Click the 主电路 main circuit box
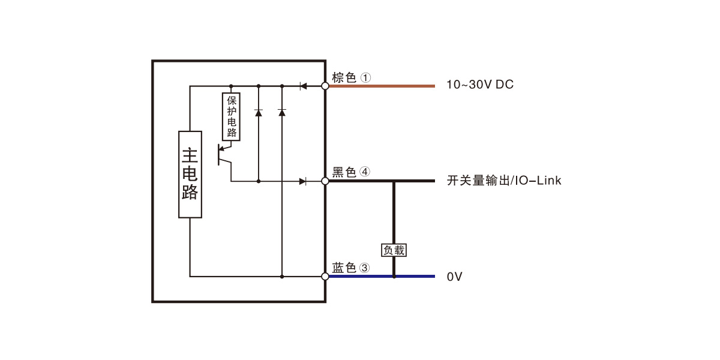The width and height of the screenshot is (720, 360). coord(190,175)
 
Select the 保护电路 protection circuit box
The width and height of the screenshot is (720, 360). coord(231,116)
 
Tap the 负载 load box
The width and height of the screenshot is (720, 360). coord(394,250)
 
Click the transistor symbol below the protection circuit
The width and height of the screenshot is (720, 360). coord(224,155)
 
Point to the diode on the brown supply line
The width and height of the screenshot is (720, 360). coord(303,86)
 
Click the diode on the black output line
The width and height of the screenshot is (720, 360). coord(302,181)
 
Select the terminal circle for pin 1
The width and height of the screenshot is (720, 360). coord(325,86)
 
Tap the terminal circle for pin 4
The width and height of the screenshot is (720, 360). coord(325,181)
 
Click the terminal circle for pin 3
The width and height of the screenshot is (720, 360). coord(325,277)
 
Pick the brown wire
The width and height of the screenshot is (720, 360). coord(382,86)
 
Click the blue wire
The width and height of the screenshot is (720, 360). coord(382,277)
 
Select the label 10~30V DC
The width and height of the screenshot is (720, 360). coord(480,85)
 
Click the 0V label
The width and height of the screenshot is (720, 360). coord(454,277)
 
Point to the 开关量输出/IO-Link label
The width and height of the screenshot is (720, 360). coord(504,181)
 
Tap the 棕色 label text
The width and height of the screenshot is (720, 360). coord(344,77)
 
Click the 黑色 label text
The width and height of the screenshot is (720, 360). coord(344,172)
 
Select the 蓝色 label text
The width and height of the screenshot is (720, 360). coord(344,268)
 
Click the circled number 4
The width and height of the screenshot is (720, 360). coord(365,172)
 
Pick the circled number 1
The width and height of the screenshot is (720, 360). coord(365,77)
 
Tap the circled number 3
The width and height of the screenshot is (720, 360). coord(364,268)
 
